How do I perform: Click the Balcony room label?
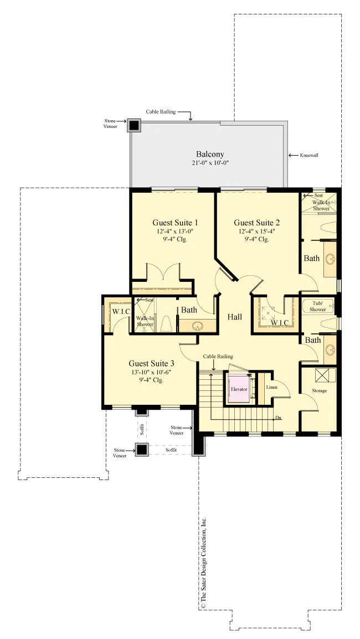point(210,154)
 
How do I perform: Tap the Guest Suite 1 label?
point(176,223)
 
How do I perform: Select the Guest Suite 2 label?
point(257,223)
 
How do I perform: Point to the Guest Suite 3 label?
point(152,363)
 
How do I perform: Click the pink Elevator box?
point(239,389)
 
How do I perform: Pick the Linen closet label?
point(272,387)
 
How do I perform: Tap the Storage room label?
point(319,390)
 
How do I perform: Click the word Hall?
point(235,317)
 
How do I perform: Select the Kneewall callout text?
point(309,155)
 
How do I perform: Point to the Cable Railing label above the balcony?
point(161,112)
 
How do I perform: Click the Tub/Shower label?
point(317,306)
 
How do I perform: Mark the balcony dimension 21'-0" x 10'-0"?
point(210,163)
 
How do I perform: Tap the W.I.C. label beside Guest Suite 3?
point(121,312)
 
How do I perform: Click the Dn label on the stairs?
point(279,418)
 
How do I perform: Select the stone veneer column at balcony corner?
point(134,125)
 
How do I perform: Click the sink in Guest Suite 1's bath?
point(198,326)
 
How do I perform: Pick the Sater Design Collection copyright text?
point(204,563)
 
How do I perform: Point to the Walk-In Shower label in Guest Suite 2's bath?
point(321,205)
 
